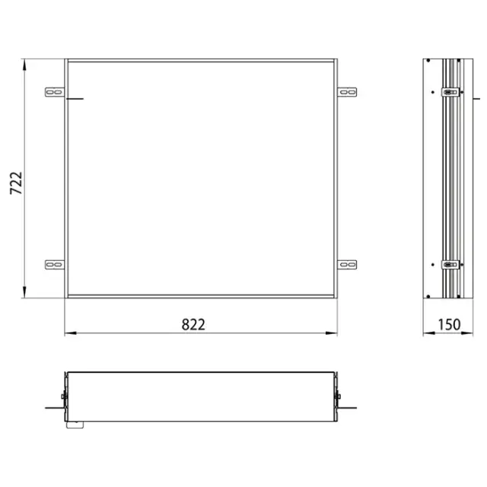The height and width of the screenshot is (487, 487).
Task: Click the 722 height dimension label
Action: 16,183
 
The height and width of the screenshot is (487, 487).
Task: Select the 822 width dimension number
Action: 193,324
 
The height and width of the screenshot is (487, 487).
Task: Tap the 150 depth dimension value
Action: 449,325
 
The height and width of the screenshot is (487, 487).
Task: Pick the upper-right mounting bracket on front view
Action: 347,91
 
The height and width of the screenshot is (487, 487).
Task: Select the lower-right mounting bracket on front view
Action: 347,264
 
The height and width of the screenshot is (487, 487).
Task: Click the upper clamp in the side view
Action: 450,93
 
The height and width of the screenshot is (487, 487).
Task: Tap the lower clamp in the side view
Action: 450,266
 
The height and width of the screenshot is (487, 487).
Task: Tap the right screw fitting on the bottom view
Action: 337,396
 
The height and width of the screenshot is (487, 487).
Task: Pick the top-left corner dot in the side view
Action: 429,61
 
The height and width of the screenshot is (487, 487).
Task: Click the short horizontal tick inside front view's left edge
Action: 75,99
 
